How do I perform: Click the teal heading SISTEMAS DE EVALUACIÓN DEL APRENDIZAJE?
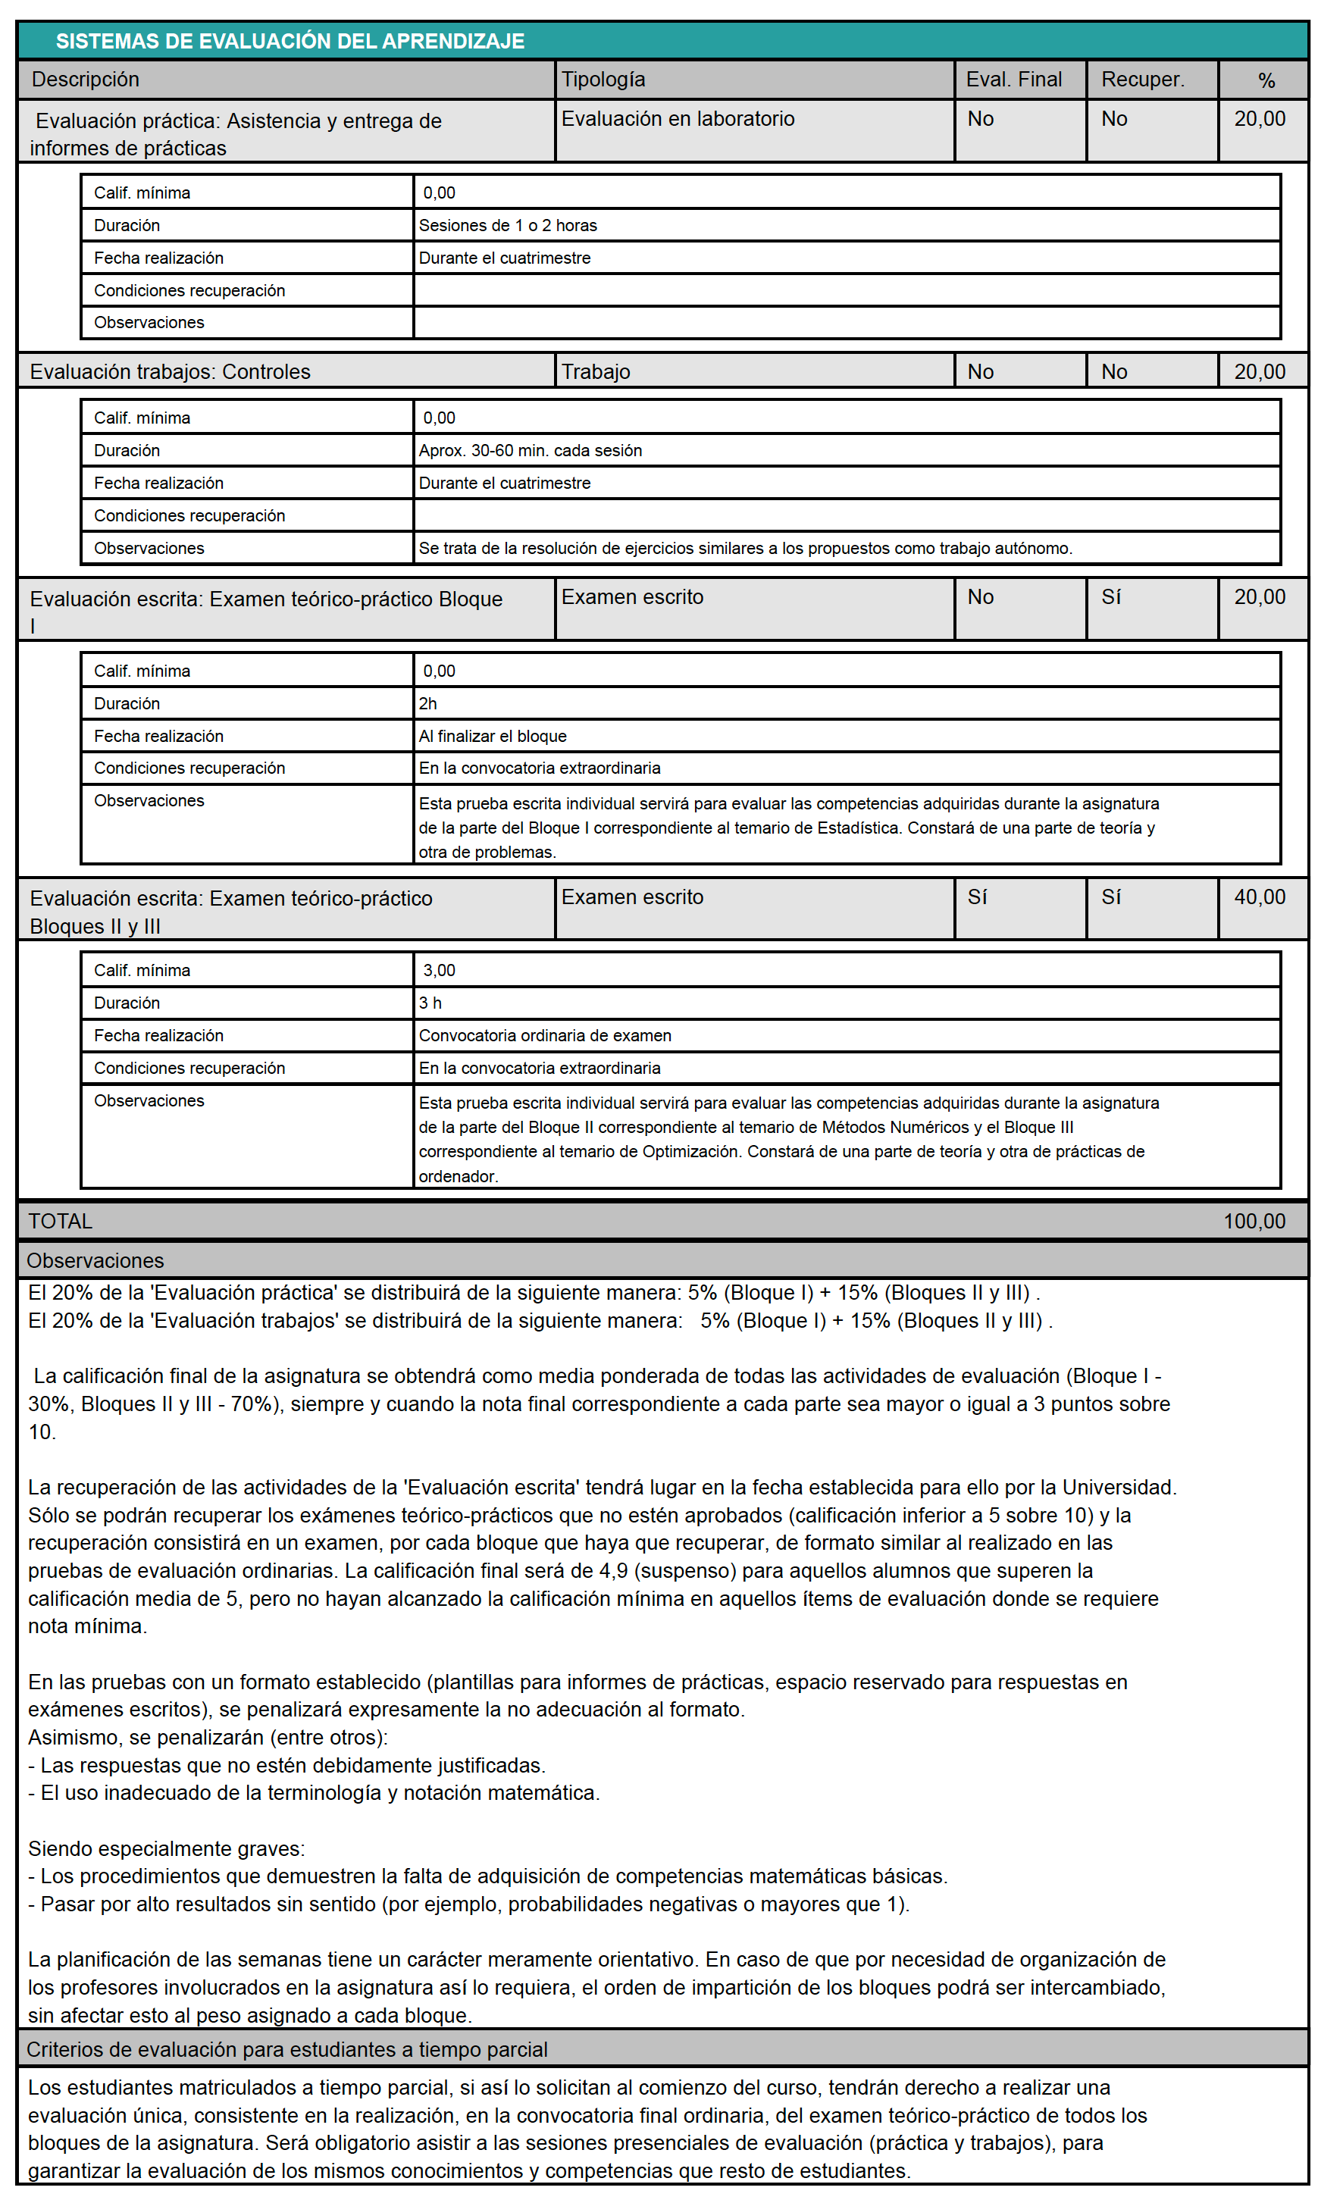[x=290, y=41]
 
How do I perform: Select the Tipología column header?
[x=603, y=80]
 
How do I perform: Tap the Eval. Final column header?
[x=1013, y=80]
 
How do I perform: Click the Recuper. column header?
[x=1142, y=80]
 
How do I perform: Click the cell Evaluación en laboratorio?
[x=677, y=119]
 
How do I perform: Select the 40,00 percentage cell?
[x=1259, y=897]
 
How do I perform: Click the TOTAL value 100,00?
[x=1254, y=1221]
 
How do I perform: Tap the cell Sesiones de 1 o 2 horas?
[x=507, y=225]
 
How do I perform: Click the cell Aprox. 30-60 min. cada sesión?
[x=530, y=450]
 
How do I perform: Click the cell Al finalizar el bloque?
[x=492, y=736]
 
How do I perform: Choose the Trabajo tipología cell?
[x=596, y=371]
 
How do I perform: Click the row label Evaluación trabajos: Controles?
[x=170, y=371]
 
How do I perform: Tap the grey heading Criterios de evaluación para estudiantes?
[x=286, y=2049]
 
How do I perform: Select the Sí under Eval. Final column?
[x=977, y=897]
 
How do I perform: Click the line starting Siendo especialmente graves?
[x=166, y=1848]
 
